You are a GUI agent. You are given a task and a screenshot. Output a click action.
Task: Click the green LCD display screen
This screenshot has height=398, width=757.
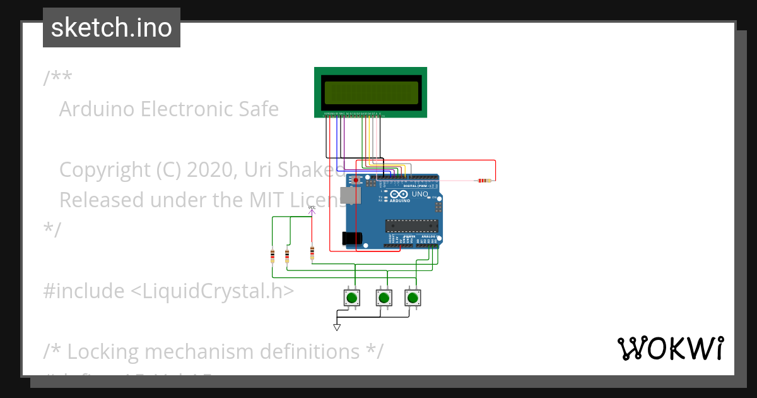371,93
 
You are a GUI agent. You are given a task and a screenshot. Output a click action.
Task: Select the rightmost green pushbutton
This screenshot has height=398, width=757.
413,298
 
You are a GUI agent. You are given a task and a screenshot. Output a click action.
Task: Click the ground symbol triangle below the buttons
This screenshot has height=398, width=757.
337,327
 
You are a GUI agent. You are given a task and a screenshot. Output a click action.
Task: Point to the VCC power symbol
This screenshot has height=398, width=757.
312,210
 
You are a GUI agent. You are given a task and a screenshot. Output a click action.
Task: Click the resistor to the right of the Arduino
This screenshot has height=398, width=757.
484,181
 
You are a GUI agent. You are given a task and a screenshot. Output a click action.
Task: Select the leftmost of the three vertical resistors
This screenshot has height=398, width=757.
273,256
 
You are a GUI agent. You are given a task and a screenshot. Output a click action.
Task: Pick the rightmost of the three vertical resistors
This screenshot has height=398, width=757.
312,253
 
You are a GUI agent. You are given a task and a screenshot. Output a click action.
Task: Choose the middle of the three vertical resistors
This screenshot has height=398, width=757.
287,256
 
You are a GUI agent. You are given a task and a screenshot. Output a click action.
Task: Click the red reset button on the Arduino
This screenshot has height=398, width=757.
356,181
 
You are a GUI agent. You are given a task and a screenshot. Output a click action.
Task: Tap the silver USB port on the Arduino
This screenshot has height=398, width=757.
348,195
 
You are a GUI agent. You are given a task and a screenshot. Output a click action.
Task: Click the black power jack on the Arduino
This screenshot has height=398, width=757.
352,238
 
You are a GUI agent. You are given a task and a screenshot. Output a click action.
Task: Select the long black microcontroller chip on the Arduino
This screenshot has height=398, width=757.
412,226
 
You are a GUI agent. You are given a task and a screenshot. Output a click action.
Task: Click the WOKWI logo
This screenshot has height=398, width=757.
670,348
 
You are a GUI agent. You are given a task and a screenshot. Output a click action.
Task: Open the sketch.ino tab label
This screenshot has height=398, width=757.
112,28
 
